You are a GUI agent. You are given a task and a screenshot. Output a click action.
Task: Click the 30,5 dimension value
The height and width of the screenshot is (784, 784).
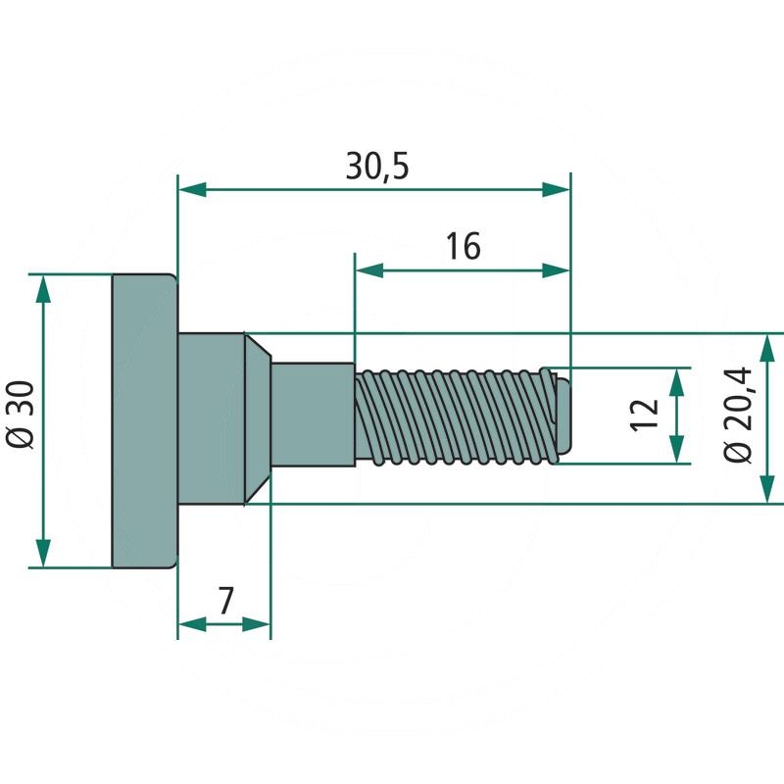(377, 167)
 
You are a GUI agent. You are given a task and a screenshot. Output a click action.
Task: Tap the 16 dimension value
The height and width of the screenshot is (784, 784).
(463, 247)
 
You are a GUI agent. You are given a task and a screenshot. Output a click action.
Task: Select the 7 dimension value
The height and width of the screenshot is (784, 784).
(225, 600)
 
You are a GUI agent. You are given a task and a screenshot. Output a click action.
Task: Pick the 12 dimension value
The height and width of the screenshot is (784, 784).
(643, 416)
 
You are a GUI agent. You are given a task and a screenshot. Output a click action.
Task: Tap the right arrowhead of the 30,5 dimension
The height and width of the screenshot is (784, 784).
(558, 190)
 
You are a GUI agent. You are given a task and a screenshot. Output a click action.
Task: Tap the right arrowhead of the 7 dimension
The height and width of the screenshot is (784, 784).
(258, 623)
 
